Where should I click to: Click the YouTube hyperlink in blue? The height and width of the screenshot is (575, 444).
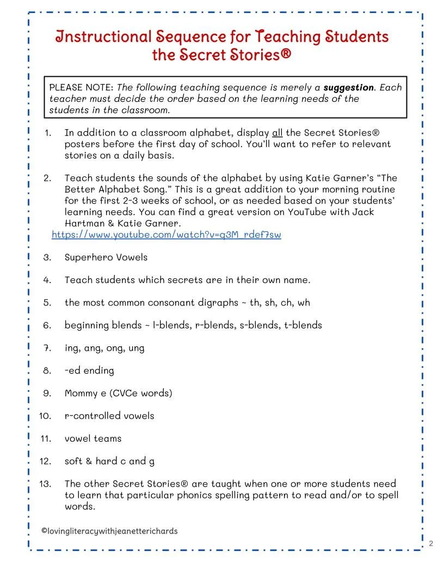[166, 235]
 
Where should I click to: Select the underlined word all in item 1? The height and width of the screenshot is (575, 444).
[277, 133]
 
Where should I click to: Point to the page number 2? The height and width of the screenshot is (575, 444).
[431, 543]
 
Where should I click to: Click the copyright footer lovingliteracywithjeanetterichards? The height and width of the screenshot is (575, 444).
[109, 531]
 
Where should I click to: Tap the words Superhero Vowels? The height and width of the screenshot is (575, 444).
[106, 257]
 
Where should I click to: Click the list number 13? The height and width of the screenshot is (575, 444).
[45, 484]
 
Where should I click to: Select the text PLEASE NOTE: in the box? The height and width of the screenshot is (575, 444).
[82, 88]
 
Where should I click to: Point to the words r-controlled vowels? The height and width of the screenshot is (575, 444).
[109, 416]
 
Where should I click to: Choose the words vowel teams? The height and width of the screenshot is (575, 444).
[93, 438]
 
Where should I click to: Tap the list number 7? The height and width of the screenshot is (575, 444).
[47, 348]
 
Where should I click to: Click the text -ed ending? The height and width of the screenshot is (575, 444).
[89, 370]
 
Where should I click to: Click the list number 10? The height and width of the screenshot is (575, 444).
[45, 416]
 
